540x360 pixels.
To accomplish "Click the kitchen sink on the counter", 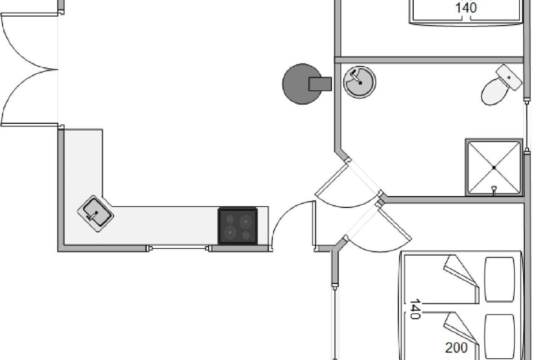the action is [x=96, y=214].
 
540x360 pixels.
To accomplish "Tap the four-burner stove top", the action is [x=238, y=226].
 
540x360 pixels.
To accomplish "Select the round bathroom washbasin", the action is [x=360, y=82].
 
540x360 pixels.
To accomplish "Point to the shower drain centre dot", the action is [x=494, y=167].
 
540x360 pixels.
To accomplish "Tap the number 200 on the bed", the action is [x=456, y=348].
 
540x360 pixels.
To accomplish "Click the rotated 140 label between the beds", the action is [x=415, y=309].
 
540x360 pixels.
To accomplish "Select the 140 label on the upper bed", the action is [x=466, y=8].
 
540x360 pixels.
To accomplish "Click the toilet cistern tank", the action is [x=509, y=77].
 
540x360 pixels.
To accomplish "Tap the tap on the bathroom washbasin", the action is [x=354, y=75].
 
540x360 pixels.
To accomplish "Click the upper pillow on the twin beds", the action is [x=499, y=279].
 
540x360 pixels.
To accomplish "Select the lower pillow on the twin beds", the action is [x=499, y=337].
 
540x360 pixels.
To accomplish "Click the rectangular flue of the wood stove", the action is [x=320, y=84].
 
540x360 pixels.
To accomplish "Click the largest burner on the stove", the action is [x=230, y=232].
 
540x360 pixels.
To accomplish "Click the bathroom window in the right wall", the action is [x=527, y=126].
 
